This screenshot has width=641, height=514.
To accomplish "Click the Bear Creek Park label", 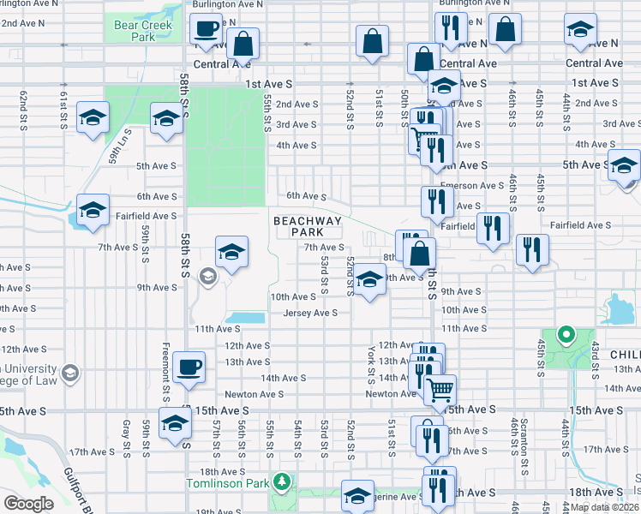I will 143,32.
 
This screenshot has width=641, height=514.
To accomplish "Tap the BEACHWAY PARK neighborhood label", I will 308,227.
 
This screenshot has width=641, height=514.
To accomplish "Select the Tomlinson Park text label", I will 227,483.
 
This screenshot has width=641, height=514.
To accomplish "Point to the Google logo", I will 27,504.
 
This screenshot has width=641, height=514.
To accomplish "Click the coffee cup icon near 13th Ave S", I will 189,368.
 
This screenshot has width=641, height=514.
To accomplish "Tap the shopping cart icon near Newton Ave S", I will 440,390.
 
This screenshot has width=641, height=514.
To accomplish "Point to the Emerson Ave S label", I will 471,185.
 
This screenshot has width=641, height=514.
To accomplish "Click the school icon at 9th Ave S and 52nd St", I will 369,280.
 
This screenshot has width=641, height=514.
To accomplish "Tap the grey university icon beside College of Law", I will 70,374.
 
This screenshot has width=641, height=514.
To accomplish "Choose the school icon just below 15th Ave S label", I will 175,424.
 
